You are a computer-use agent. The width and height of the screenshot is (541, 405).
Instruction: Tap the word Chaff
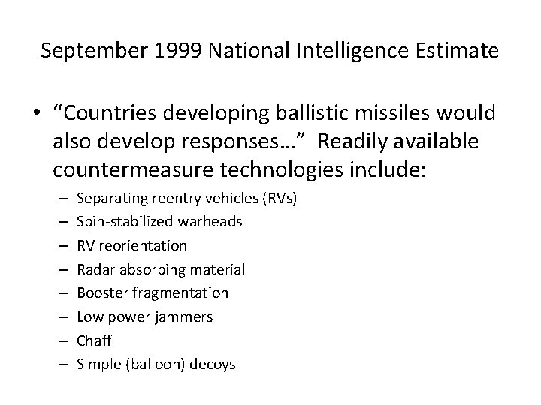pyautogui.click(x=95, y=340)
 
